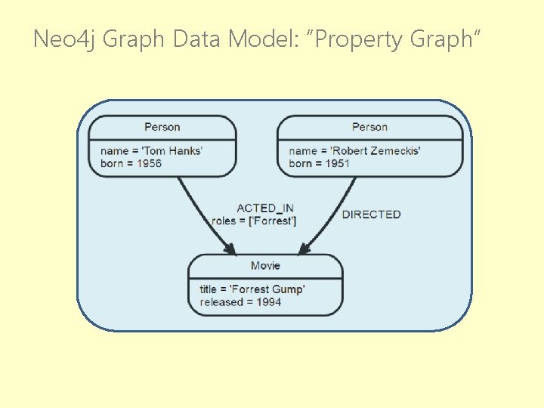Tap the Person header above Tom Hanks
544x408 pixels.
click(162, 127)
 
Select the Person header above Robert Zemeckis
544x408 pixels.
click(369, 127)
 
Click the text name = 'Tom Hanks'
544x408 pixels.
click(151, 150)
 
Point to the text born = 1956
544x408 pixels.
click(131, 163)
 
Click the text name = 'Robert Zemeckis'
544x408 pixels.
click(354, 150)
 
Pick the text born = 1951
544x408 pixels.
click(319, 163)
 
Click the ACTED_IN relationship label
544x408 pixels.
click(265, 208)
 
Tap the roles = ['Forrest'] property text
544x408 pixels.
click(254, 221)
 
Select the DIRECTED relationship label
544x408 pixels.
click(371, 214)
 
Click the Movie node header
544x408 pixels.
click(265, 265)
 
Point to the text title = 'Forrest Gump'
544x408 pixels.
click(252, 289)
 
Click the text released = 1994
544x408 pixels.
click(240, 302)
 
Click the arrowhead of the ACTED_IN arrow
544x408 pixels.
click(230, 249)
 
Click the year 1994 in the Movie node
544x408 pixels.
click(268, 302)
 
